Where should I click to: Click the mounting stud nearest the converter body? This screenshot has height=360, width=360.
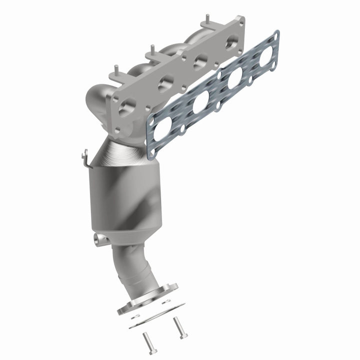115,70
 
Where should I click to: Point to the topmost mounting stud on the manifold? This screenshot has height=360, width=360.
205,23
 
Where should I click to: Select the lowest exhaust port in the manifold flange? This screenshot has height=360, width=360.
127,105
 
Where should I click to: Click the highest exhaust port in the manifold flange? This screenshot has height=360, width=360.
231,43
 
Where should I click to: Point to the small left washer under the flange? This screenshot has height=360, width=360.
134,316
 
